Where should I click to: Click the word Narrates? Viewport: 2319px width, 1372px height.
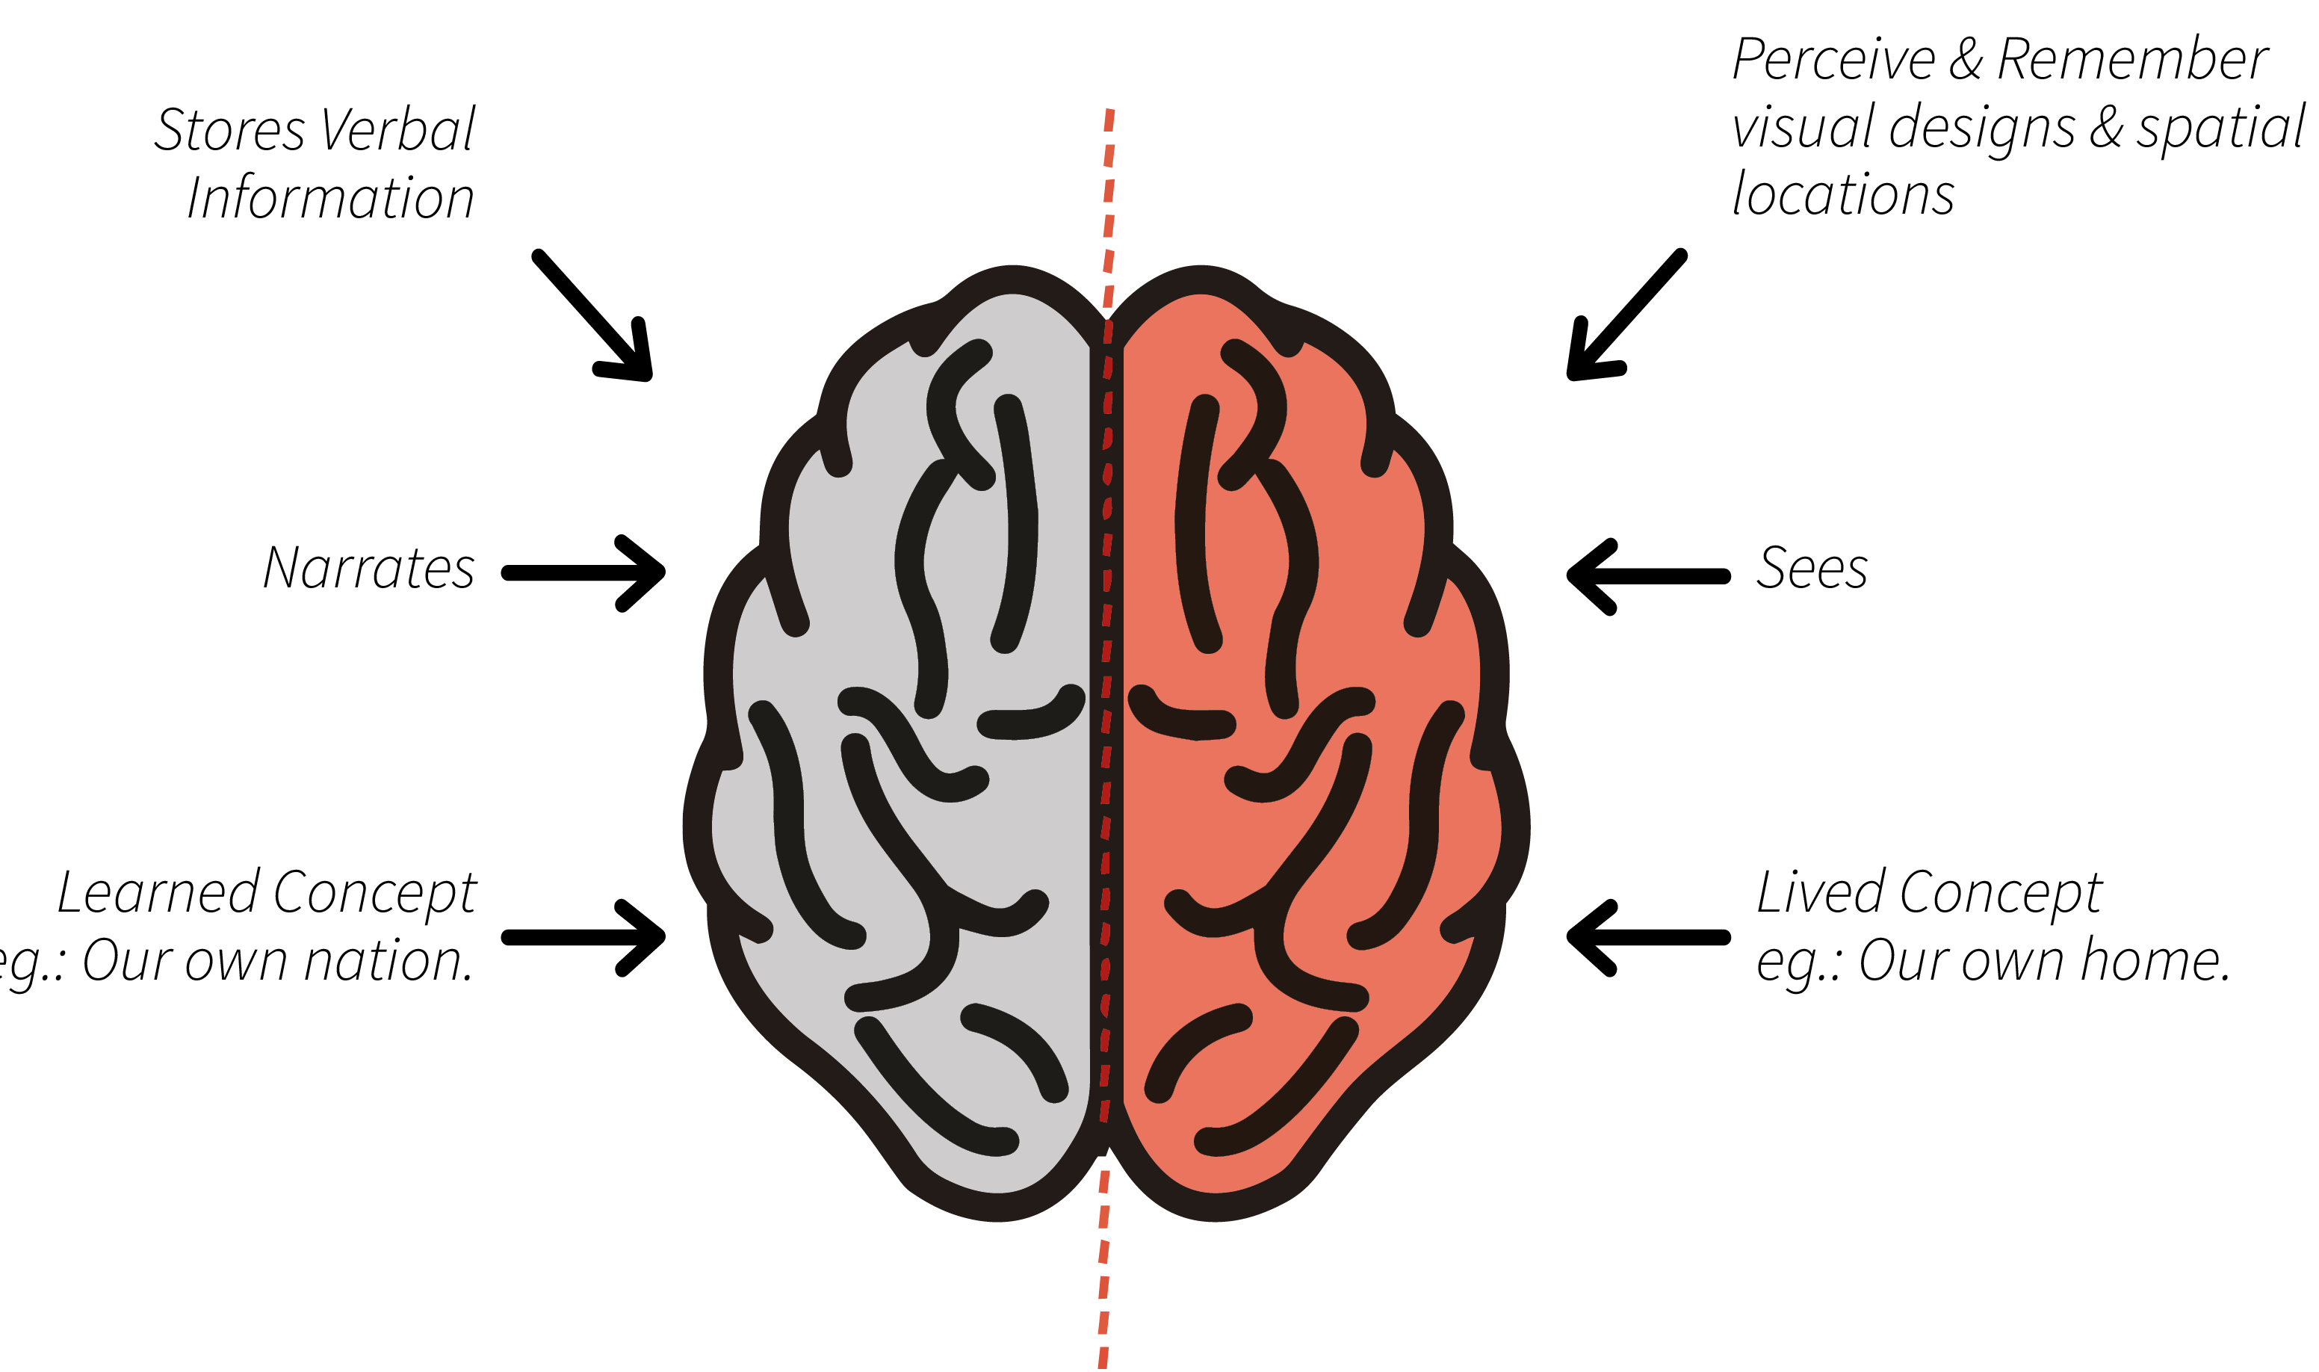[369, 568]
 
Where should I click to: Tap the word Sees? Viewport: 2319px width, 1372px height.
[1811, 568]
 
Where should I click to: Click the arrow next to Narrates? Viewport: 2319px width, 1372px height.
[583, 573]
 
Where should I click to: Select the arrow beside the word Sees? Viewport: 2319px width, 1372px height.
[1648, 576]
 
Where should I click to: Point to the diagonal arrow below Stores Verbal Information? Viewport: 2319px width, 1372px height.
[594, 316]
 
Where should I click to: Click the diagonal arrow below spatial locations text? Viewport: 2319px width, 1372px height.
[1626, 315]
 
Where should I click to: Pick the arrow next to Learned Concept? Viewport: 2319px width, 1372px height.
[583, 938]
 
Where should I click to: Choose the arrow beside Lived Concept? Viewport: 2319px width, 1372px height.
[1648, 938]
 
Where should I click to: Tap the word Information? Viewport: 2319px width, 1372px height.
[331, 198]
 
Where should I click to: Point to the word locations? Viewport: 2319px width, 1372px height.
[1843, 195]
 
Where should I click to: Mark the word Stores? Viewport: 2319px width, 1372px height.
[229, 129]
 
